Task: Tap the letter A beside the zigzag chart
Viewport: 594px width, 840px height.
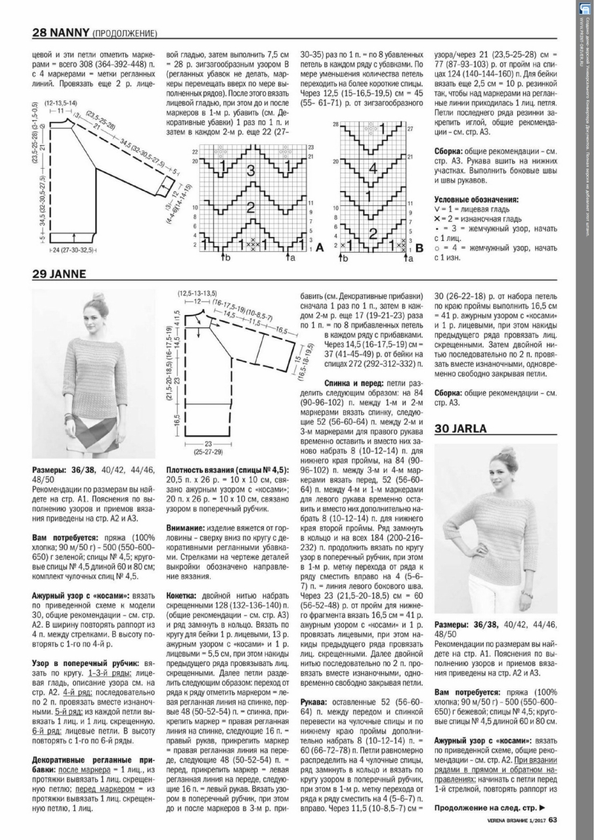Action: [320, 248]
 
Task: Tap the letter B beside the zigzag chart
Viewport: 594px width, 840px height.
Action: [419, 248]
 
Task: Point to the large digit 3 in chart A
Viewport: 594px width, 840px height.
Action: [250, 172]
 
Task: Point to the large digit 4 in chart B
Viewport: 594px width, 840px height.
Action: [373, 167]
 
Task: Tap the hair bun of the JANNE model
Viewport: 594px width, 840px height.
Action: [99, 299]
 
